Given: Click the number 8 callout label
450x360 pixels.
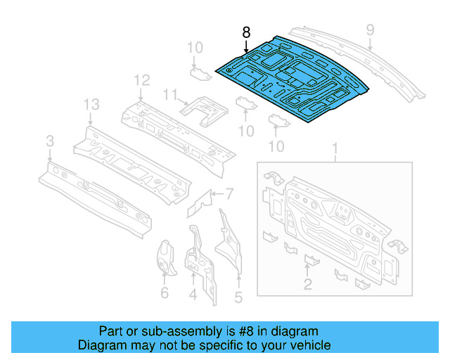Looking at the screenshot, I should [246, 32].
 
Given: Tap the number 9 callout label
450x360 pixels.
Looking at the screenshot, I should [370, 29].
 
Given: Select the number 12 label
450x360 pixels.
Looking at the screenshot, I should [143, 80].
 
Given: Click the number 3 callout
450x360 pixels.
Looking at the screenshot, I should [49, 142].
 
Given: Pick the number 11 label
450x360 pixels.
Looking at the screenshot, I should [169, 94].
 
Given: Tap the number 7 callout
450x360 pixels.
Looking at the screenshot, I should [229, 194].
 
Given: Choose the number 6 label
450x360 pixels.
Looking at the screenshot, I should [165, 293].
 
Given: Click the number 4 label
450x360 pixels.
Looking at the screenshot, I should [193, 295].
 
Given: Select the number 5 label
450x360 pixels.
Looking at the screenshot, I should [238, 297].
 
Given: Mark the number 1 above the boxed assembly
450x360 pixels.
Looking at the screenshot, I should [335, 149].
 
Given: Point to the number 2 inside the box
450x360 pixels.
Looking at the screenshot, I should [307, 283].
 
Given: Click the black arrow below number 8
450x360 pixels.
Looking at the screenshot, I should [246, 47].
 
